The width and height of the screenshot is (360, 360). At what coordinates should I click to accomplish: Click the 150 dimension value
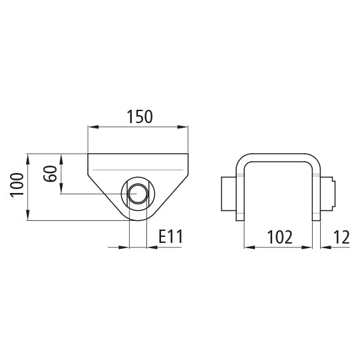(139, 116)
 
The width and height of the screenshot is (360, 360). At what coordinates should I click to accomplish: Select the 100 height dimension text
(18, 186)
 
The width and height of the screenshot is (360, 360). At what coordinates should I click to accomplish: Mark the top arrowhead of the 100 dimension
(29, 158)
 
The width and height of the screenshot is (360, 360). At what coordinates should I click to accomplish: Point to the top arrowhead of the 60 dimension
(61, 158)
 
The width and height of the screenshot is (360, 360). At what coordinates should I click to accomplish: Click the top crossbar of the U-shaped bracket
(280, 157)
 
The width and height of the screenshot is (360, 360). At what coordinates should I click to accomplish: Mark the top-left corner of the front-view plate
(89, 154)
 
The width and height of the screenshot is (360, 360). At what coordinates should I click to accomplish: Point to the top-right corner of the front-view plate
(189, 154)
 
